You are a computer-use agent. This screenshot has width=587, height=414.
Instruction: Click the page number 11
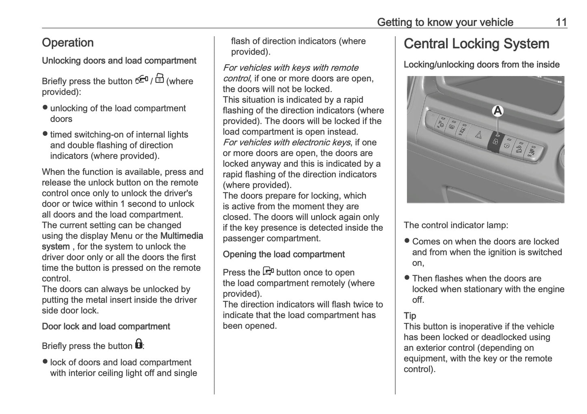pos(561,22)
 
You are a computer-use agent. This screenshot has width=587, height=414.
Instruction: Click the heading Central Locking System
pos(476,44)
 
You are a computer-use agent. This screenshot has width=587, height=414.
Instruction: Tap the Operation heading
pos(68,43)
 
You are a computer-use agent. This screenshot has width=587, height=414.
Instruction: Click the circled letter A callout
pos(498,111)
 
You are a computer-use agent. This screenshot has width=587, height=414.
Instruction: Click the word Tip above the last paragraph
pos(410,316)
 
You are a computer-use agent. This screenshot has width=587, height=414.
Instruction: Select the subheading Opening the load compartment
pos(284,255)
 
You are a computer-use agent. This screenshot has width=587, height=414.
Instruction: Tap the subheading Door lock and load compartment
pos(106,327)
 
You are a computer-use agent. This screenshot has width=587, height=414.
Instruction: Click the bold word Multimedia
pos(182,236)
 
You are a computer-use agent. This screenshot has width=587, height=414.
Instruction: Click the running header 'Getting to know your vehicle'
pos(445,22)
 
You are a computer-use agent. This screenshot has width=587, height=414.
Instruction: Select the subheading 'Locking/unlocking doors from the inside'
pos(481,65)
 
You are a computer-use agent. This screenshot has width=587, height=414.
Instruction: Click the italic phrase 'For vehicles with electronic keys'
pos(286,142)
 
